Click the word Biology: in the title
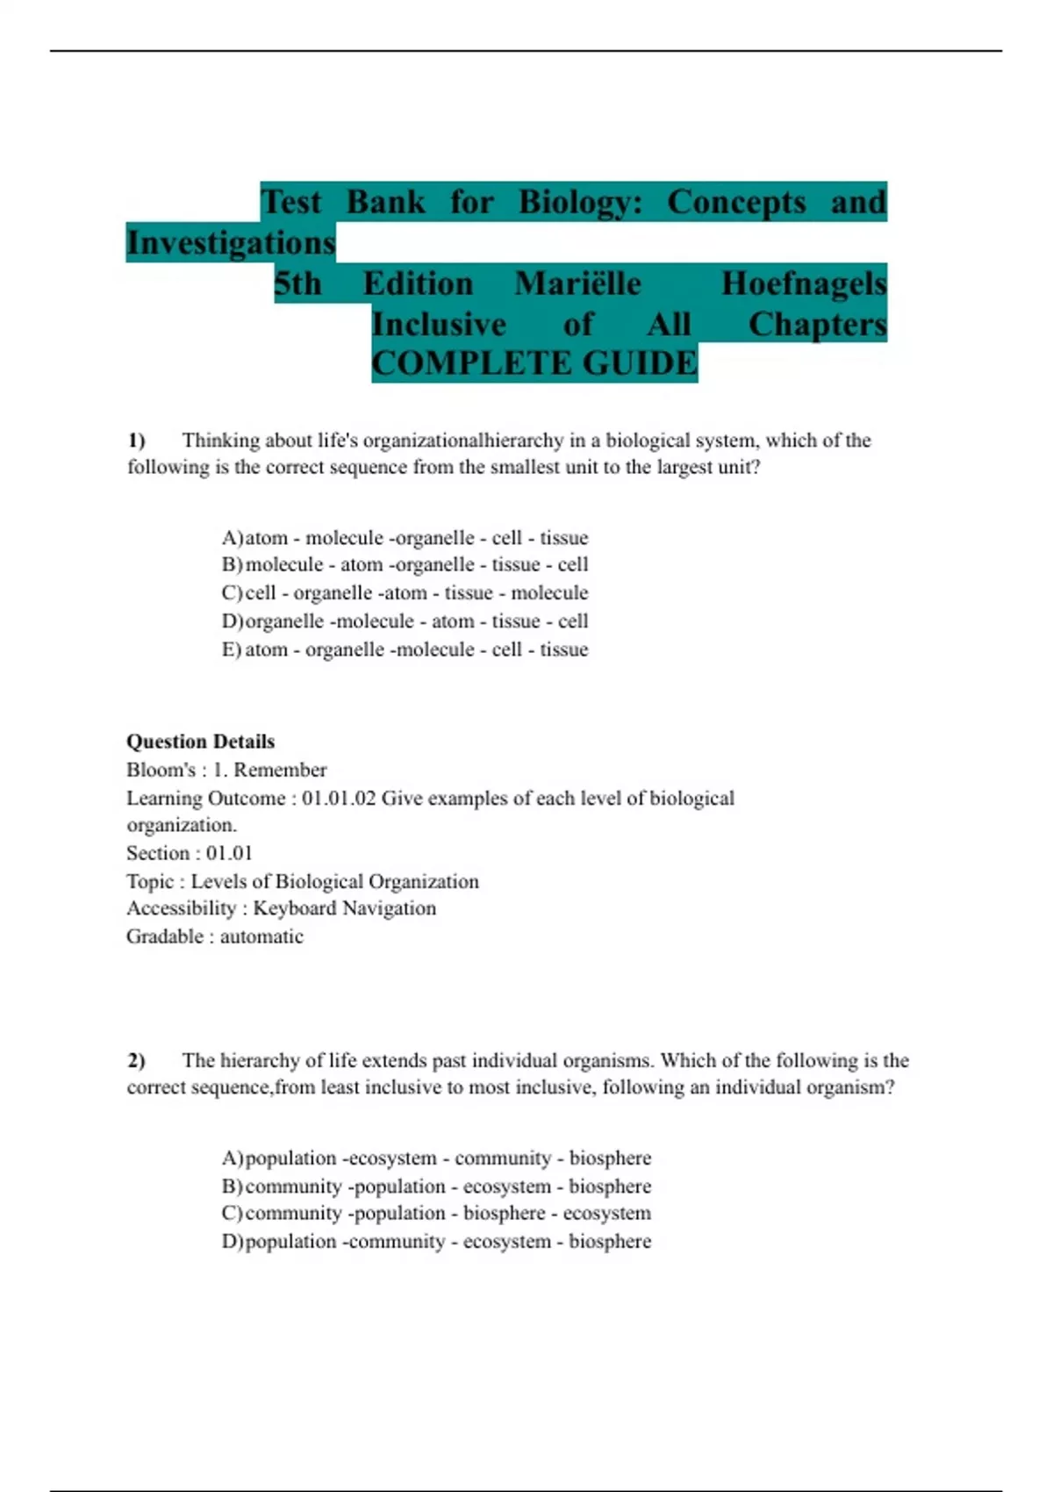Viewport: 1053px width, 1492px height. point(580,202)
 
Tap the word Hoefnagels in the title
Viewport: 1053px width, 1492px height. point(803,283)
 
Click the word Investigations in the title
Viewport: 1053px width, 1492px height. point(231,242)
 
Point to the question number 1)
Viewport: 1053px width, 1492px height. point(136,440)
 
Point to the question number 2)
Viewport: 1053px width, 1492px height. point(136,1060)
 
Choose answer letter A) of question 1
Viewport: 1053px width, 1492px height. point(232,537)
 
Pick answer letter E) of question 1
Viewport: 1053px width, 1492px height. point(232,649)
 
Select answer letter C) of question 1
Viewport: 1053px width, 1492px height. point(232,593)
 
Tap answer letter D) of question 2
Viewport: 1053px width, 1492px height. point(232,1241)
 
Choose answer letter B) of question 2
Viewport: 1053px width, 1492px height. point(232,1186)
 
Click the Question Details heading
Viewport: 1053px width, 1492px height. point(200,742)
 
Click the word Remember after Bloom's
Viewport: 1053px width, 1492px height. point(280,770)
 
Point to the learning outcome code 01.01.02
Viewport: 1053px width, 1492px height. point(339,798)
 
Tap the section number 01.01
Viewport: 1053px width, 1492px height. point(229,853)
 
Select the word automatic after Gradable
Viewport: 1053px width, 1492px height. point(261,936)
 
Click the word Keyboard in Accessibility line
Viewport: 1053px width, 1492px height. point(293,908)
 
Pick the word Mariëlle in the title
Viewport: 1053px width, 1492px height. point(577,283)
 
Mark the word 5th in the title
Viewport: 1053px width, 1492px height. point(297,283)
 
